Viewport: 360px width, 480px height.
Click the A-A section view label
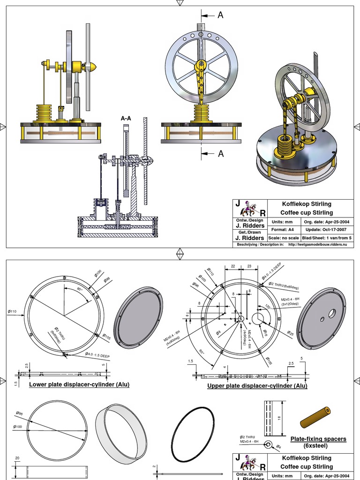click(x=126, y=119)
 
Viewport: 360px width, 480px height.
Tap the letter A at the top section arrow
click(x=220, y=15)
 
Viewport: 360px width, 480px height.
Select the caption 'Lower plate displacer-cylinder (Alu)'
click(x=79, y=384)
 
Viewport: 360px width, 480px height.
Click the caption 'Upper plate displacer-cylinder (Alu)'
click(x=257, y=386)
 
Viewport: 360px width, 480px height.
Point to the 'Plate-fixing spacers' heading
click(x=318, y=439)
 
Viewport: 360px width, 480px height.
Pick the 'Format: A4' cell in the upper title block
click(x=285, y=230)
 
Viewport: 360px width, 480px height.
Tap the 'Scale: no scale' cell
click(x=285, y=238)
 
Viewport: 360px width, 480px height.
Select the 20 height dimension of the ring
click(x=17, y=458)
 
